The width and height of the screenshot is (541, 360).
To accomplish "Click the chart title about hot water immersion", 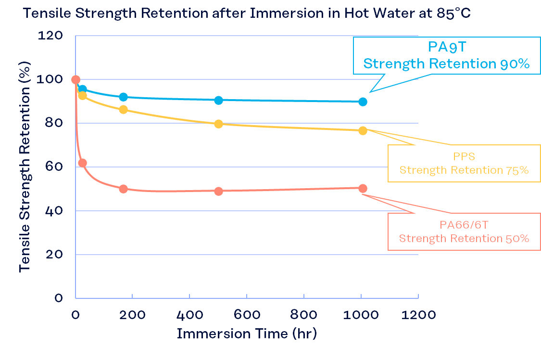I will point(247,13).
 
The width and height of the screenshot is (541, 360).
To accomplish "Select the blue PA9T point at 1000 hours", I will point(363,102).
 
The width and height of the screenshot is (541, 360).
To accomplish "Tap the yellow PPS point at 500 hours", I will point(218,124).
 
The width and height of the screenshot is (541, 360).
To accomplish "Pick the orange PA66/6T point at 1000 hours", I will point(363,188).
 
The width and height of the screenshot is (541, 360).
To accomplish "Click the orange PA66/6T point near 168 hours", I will point(123,189).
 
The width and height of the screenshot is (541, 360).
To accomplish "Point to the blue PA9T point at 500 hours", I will point(218,100).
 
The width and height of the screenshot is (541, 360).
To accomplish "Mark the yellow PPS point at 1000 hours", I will point(363,130).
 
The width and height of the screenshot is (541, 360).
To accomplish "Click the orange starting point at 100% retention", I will point(75,79).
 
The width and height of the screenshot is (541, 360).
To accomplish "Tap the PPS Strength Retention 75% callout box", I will point(464,164).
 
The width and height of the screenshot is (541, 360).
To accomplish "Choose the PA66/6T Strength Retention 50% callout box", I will point(464,232).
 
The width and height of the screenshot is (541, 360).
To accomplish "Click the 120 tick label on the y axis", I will point(50,36).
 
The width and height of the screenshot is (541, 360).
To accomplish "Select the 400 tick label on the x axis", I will point(189,315).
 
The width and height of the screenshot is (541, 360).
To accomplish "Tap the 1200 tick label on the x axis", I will point(419,315).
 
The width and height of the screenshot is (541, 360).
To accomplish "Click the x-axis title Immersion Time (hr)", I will point(247,334).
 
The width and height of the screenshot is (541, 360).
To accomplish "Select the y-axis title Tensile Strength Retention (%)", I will point(25,167).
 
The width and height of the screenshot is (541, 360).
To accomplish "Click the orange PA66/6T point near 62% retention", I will point(82,163).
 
